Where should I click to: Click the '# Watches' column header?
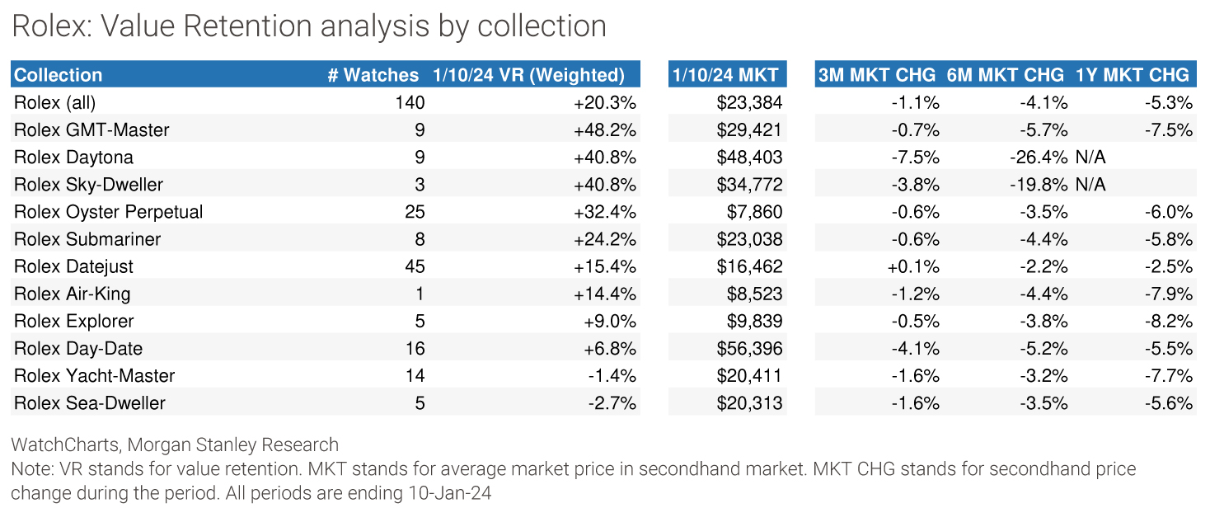373,75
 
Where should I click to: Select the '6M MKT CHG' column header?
1006,75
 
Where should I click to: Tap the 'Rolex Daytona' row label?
73,157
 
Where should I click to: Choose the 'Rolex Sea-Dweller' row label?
90,402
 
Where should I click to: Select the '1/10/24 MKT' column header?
725,75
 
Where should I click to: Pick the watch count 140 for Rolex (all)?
410,102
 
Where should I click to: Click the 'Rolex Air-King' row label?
73,294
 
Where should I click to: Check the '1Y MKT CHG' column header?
1133,75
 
